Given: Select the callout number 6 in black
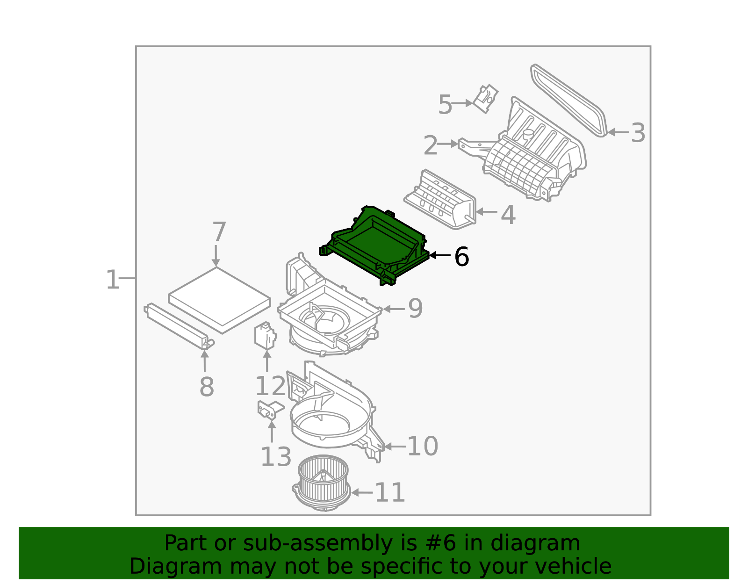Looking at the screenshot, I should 461,257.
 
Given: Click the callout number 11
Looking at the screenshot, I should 390,493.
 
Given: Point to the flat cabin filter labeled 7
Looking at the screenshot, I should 219,297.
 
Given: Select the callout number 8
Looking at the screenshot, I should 206,387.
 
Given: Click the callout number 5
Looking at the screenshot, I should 445,105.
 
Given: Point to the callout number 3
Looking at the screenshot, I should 638,133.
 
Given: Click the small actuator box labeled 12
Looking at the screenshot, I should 265,336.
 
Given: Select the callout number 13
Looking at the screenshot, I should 276,457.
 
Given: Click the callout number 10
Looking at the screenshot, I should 422,447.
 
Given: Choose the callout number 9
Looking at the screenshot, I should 415,309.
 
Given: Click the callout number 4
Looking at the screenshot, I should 508,216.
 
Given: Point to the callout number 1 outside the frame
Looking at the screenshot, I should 113,280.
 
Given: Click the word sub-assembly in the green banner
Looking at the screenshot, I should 297,543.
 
